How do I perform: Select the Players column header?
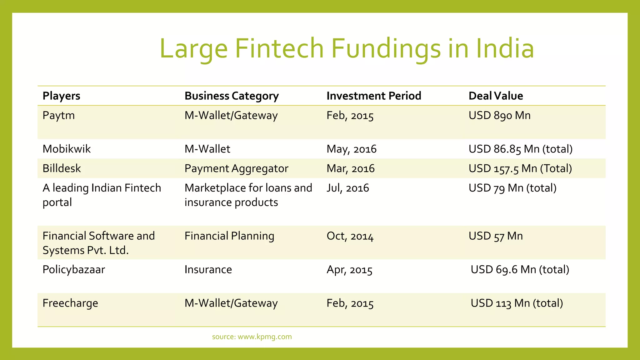point(61,96)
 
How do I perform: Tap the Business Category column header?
point(232,96)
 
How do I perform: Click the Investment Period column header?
point(374,96)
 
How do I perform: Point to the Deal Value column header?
point(496,96)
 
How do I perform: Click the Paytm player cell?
point(58,116)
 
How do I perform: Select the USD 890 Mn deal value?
point(499,116)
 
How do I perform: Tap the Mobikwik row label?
point(67,149)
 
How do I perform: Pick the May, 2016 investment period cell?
point(351,149)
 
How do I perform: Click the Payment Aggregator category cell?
point(236,169)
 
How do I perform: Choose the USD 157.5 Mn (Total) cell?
point(520,169)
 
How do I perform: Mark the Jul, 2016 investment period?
point(347,188)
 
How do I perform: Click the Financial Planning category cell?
point(229,236)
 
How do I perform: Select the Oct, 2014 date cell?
point(350,236)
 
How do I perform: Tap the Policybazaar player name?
point(74,269)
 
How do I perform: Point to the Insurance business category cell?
point(208,269)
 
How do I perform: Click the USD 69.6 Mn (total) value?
point(520,269)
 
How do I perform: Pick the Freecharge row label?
point(70,303)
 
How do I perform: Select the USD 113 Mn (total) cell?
point(517,303)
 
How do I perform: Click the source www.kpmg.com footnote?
point(252,337)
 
